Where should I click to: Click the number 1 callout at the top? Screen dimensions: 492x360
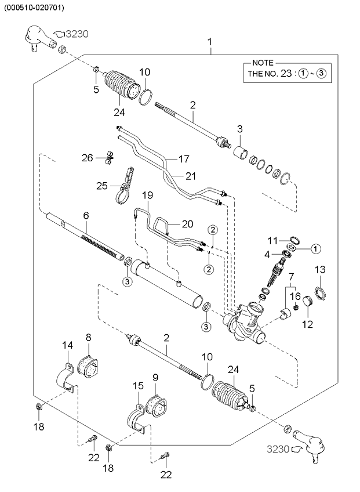point(210,42)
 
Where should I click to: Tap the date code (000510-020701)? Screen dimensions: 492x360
point(34,8)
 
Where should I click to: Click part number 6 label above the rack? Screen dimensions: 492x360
point(86,215)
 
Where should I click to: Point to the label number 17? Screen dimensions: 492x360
point(183,158)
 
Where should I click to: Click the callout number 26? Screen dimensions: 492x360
point(87,157)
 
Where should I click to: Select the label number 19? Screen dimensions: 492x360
point(148,196)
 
